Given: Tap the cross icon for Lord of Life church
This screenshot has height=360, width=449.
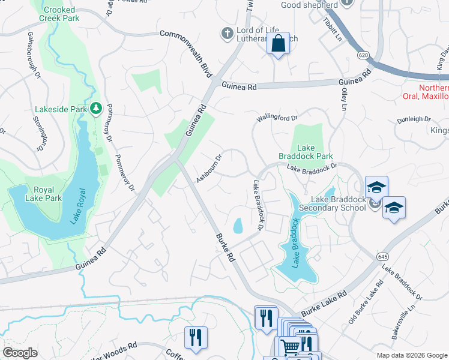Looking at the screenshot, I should tap(228, 34).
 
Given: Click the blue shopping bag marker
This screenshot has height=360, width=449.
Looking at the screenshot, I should tap(278, 44).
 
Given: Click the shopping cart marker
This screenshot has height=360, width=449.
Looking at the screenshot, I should tap(291, 347).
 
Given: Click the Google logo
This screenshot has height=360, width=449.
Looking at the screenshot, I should tap(20, 352).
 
